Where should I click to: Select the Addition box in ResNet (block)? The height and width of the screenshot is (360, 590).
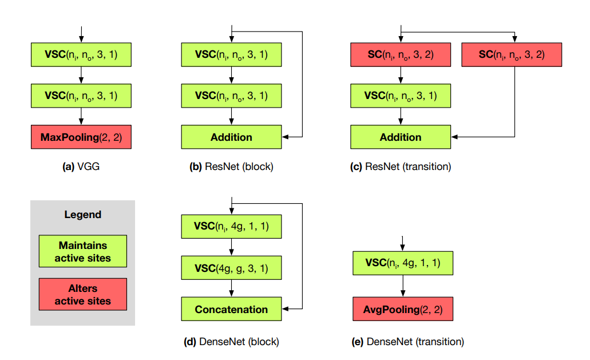231,137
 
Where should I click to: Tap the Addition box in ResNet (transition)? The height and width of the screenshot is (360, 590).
401,137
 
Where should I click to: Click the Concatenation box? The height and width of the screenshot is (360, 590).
231,310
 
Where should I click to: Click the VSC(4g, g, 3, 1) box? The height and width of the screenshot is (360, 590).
231,268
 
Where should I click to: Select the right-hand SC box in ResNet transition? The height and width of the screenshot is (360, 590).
512,55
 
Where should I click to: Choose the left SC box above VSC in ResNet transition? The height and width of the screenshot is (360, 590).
401,55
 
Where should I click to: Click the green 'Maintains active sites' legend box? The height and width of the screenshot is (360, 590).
83,251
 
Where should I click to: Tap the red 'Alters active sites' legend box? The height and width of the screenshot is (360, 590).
83,295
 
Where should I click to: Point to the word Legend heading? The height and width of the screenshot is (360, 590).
82,215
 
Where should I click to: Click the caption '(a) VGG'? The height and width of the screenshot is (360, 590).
81,168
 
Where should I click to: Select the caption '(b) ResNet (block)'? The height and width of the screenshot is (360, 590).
231,168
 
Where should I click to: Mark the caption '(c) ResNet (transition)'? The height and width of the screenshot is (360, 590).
401,168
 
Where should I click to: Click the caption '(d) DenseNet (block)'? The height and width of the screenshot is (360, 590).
231,342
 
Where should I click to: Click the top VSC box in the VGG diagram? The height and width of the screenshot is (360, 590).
81,55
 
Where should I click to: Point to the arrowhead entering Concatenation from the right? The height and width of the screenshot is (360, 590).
286,309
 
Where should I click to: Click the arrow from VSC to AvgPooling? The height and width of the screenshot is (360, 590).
402,287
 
